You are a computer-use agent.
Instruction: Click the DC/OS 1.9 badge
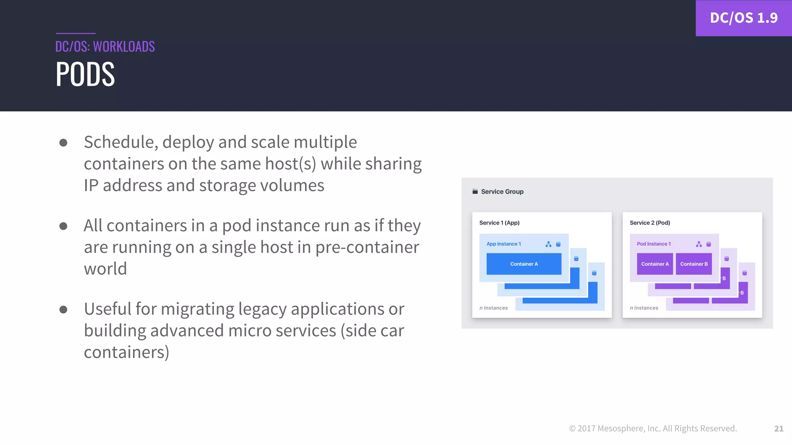743,18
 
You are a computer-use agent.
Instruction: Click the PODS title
85,74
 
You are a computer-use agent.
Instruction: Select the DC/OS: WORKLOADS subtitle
105,47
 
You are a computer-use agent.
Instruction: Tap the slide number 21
778,428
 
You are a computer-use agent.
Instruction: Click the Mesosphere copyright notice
653,428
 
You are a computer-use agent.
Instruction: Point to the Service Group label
502,192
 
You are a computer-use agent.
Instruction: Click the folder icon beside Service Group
475,192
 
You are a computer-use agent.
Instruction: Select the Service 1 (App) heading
499,223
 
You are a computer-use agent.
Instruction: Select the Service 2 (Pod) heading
650,223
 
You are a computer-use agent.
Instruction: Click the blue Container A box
524,264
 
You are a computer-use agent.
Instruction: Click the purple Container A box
655,264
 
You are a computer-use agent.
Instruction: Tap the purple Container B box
694,264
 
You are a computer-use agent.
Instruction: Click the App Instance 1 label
504,244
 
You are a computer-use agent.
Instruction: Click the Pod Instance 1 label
654,244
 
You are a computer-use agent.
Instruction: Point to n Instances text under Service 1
493,308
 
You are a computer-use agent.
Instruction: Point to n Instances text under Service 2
644,308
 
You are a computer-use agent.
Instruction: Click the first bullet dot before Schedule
63,143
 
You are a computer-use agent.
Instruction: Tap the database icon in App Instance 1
558,244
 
